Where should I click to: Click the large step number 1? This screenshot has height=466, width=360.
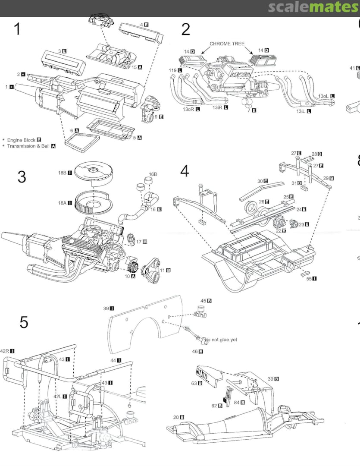pos(17,29)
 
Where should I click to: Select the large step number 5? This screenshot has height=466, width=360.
pos(24,322)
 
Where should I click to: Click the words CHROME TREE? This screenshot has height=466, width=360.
pos(227,44)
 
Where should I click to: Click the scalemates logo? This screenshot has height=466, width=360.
pos(313,7)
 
